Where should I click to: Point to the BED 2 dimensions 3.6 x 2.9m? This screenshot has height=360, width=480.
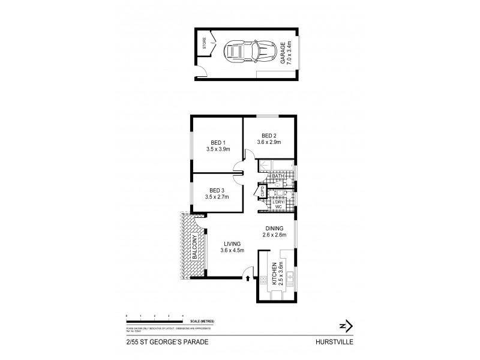[269, 143]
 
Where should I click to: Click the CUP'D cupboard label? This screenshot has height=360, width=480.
[262, 191]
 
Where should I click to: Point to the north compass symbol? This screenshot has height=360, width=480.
[344, 326]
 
